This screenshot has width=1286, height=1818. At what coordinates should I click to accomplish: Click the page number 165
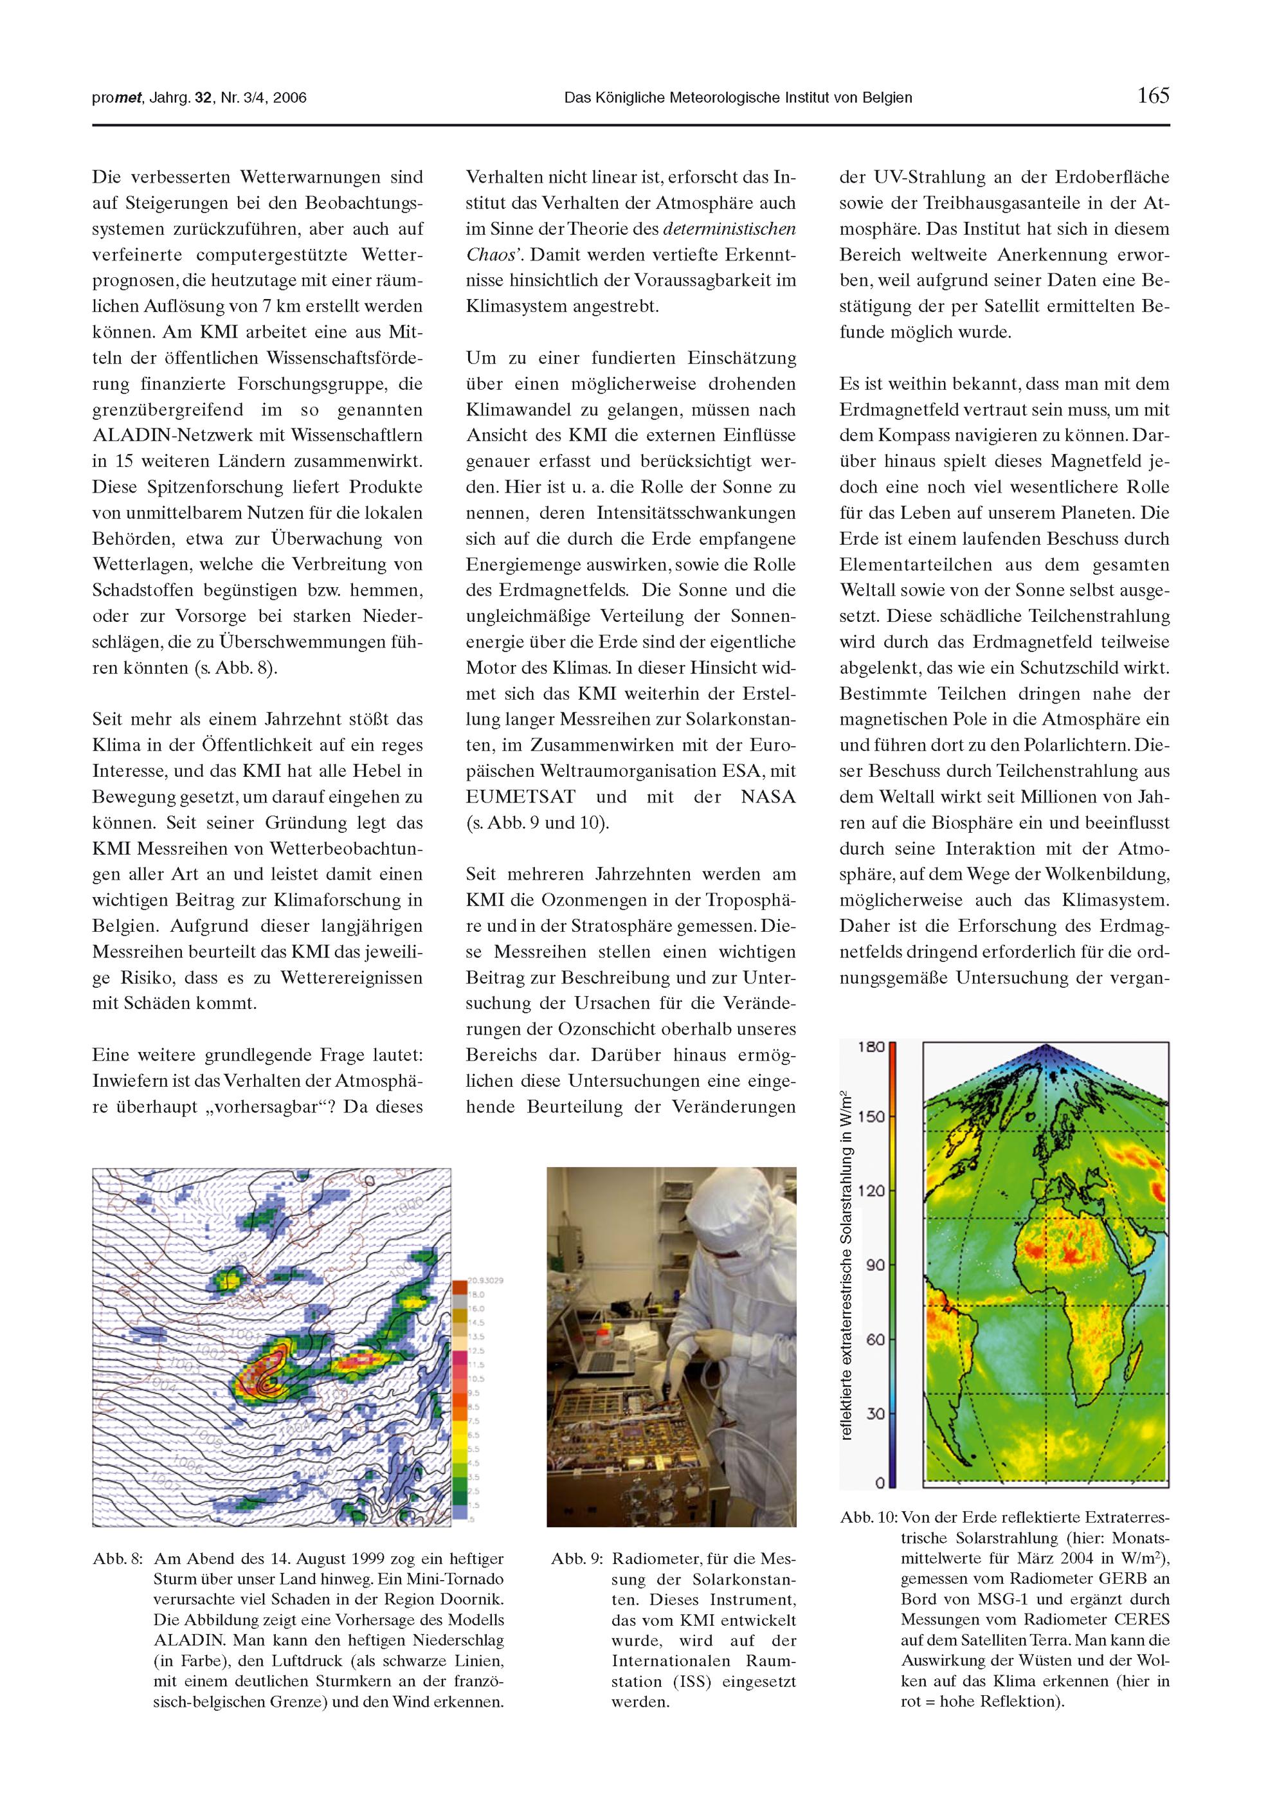pyautogui.click(x=1153, y=96)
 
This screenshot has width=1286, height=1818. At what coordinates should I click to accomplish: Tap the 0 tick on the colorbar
pyautogui.click(x=880, y=1482)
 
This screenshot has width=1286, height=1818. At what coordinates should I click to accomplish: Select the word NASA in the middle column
pyautogui.click(x=768, y=797)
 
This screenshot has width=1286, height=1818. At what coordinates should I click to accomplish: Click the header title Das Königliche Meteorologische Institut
pyautogui.click(x=738, y=98)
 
